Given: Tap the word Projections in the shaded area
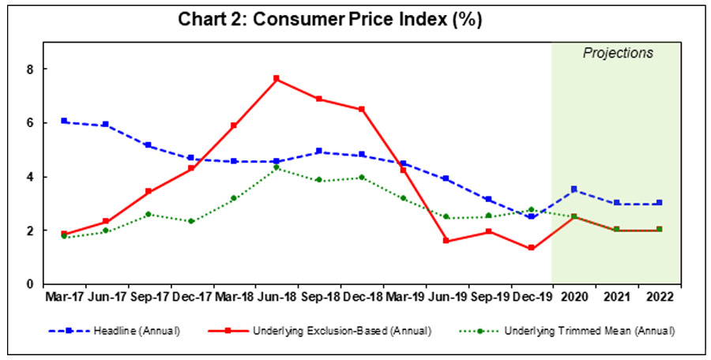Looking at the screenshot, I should coord(618,54).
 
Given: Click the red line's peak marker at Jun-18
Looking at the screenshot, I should coord(276,79).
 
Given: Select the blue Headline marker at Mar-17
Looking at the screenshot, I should coord(63,122).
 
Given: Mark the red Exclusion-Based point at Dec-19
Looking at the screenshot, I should coord(531,248).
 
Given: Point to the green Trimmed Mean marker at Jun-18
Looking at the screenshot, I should coord(276,167).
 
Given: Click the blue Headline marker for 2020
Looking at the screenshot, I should coord(574,189).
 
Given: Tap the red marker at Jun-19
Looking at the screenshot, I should coord(446,241).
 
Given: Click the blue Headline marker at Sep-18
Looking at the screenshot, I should coord(318,152).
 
